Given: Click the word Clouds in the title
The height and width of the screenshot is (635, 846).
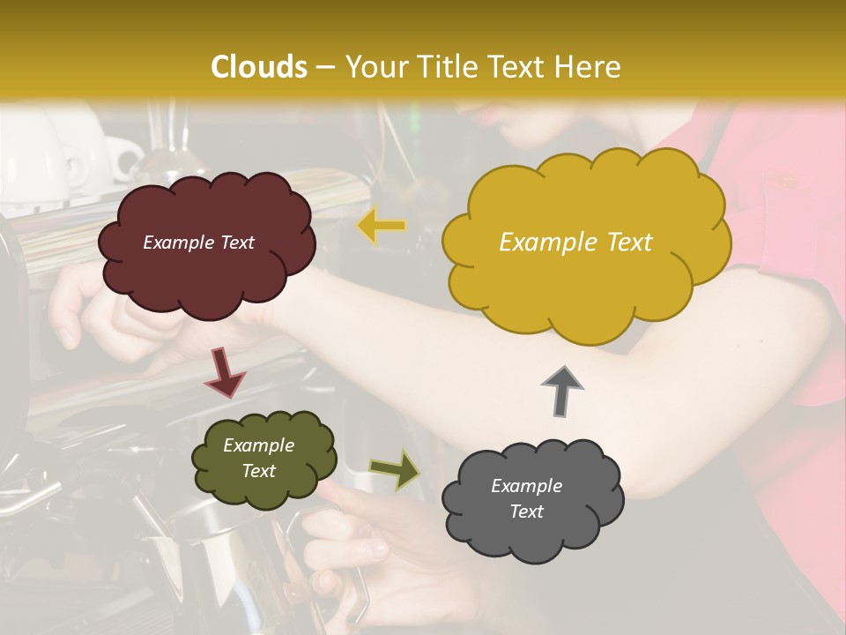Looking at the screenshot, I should point(259,67).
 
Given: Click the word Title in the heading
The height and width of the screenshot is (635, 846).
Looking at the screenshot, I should point(440,67).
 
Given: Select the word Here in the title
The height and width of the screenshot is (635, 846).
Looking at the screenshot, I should point(587,67).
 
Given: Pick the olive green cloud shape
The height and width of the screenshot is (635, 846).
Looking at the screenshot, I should point(264,489).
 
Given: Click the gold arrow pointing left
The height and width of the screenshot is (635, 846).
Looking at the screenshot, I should point(381,227).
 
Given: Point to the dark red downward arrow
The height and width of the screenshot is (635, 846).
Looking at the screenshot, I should point(224,372).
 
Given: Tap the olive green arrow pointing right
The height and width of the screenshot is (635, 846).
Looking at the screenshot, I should point(396,469).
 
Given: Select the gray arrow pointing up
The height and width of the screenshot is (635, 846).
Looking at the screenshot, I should point(562,390).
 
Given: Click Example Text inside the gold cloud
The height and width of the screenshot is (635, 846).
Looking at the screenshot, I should point(575,243).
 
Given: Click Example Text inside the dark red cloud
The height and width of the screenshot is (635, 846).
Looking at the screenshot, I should point(198,243).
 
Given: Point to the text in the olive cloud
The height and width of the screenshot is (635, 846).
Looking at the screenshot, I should point(258,459).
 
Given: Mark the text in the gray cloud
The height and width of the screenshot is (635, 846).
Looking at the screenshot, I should point(526,498).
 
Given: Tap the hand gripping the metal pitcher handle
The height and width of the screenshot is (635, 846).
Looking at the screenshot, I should point(352,547).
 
